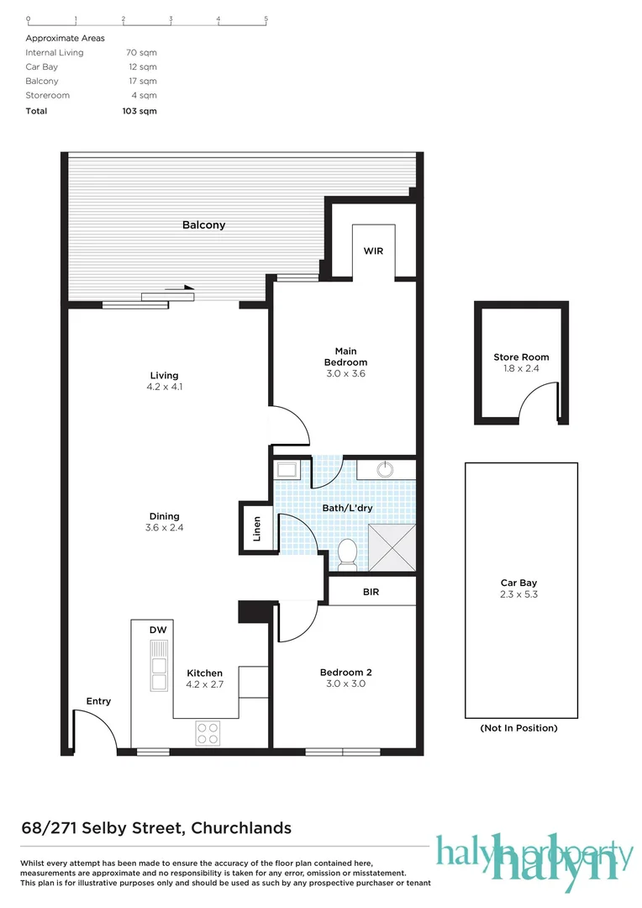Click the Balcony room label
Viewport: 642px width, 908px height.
(203, 225)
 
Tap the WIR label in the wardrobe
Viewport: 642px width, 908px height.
(373, 251)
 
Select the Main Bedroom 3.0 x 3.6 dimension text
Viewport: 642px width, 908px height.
(345, 373)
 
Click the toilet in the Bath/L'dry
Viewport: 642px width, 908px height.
(346, 552)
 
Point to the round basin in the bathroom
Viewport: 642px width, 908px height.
(385, 469)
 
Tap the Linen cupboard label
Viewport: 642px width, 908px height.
(258, 527)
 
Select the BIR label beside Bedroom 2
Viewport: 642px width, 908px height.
(371, 592)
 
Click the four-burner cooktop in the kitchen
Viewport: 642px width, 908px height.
(208, 733)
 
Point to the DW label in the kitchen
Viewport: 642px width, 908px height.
(157, 630)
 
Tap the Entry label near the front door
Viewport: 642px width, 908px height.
(98, 701)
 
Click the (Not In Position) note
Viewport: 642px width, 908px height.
(518, 728)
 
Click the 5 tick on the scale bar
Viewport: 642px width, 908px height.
(266, 18)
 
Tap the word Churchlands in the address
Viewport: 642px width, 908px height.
(241, 828)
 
